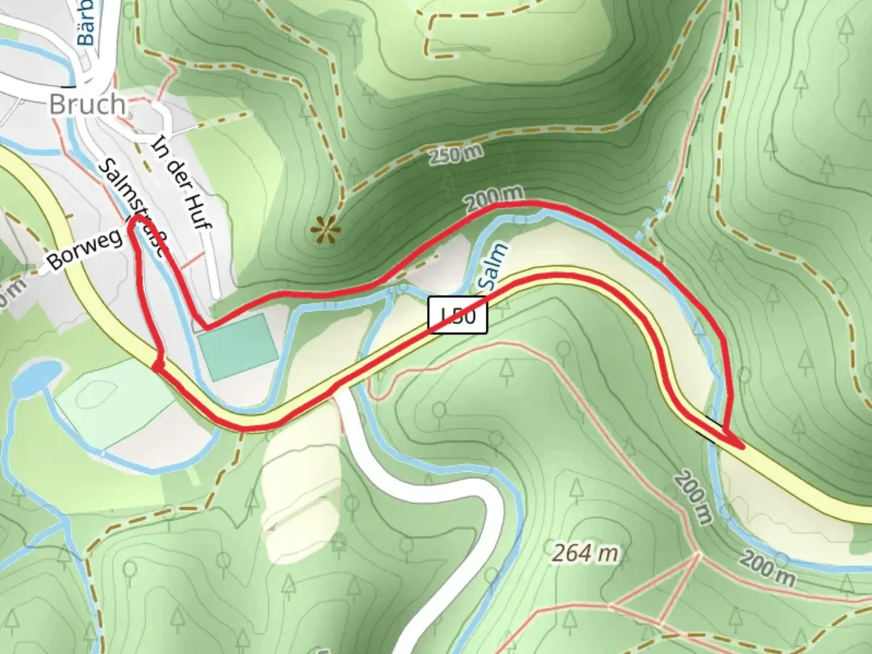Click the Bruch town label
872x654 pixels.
click(87, 105)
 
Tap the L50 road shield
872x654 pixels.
click(458, 315)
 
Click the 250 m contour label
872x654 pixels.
click(456, 155)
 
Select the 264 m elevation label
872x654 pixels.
click(585, 553)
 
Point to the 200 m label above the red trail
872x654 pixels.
click(494, 197)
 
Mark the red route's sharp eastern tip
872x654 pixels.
click(742, 447)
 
